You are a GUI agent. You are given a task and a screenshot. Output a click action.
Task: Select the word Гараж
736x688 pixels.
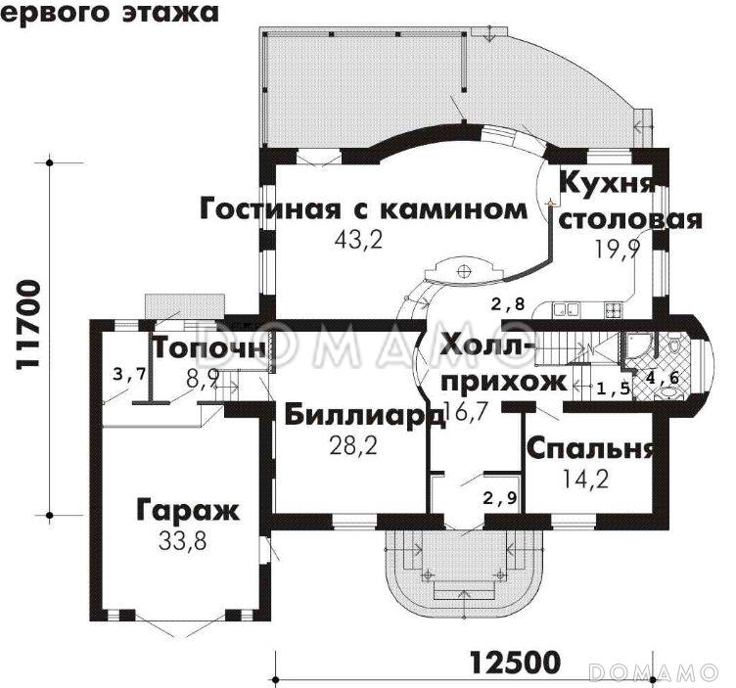pos(186,511)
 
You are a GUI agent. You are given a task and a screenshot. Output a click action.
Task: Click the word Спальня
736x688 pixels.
pos(590,449)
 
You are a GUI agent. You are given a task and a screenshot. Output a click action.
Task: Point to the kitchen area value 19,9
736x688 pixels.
pos(616,249)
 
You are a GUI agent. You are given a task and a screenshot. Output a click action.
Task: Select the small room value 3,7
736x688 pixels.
pos(129,374)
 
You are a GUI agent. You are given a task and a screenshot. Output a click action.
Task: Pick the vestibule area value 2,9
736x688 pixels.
pos(499,497)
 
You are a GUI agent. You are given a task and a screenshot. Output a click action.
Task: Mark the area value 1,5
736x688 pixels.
pos(613,388)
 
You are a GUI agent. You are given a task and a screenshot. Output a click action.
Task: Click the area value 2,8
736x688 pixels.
pos(508,304)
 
